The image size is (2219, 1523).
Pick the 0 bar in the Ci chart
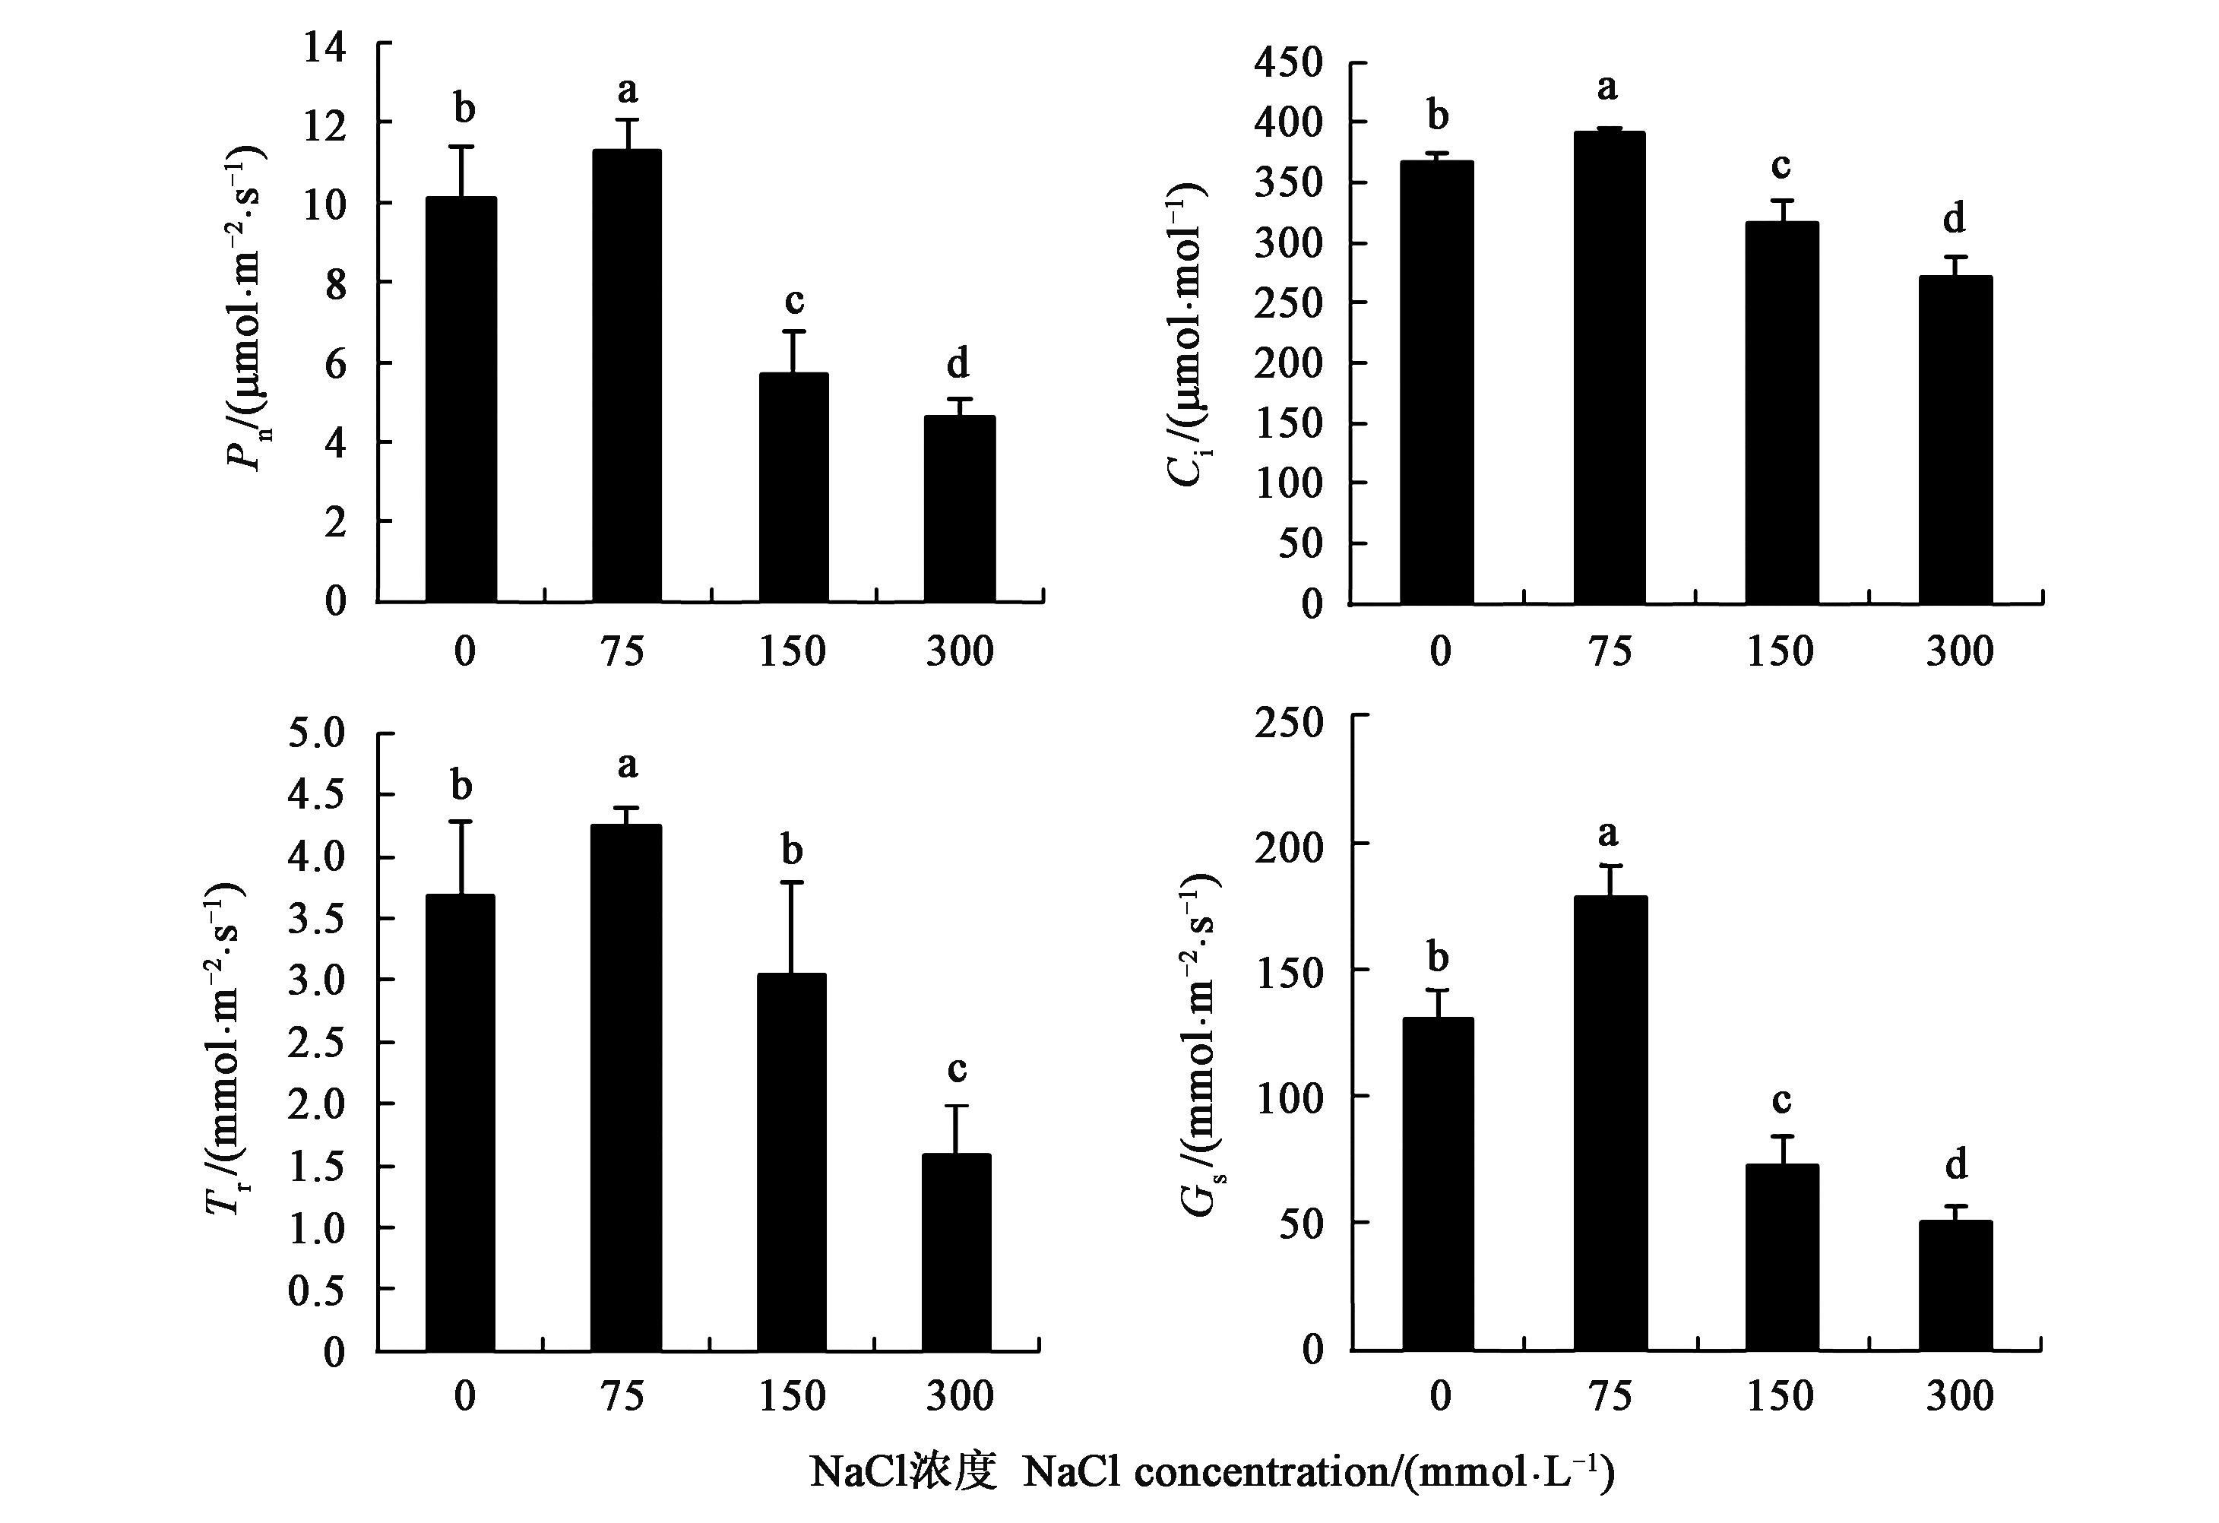[x=1437, y=382]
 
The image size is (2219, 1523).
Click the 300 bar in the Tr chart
[x=957, y=1252]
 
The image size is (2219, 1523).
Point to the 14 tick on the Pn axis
[x=324, y=46]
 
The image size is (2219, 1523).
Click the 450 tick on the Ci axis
[x=1289, y=64]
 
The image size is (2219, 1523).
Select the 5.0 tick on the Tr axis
[x=316, y=734]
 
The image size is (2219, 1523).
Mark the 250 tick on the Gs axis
[x=1289, y=722]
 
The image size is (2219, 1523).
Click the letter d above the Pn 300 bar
[x=958, y=364]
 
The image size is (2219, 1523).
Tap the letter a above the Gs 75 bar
[x=1609, y=834]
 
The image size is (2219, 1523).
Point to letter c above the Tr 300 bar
[x=957, y=1069]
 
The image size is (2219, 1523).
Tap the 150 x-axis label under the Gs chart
[x=1781, y=1396]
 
